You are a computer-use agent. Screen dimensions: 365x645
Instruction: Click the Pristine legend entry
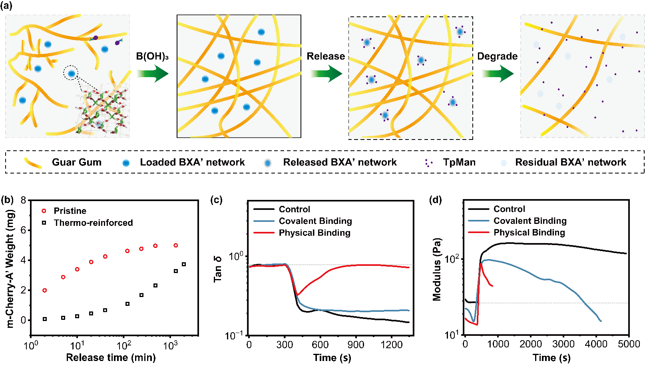(70, 211)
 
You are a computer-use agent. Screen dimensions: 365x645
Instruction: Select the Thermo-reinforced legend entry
(93, 223)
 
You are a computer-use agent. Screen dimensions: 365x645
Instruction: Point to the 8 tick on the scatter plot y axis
(24, 200)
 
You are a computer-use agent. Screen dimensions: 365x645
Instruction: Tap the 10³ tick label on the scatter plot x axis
(171, 345)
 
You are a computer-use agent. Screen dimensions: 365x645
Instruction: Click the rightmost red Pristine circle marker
(176, 245)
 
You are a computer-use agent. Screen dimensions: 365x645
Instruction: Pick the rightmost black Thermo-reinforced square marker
(184, 264)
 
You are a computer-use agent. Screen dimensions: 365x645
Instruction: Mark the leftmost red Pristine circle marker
(45, 290)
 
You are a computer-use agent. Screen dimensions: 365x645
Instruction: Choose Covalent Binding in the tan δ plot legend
(315, 221)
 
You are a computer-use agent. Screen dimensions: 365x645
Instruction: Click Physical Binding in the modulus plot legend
(529, 233)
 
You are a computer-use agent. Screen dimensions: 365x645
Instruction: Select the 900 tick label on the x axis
(356, 345)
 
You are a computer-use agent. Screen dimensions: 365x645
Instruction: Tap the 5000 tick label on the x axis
(629, 344)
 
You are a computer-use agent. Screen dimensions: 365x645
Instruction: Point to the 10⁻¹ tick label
(234, 335)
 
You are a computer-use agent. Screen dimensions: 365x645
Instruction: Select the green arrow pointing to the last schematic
(497, 74)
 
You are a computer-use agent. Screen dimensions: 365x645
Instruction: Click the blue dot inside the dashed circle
(71, 73)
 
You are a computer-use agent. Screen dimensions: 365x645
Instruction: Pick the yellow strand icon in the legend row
(33, 163)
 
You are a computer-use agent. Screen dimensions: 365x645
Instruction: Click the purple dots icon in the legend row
(428, 163)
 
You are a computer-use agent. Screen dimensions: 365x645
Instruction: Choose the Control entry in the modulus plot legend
(509, 209)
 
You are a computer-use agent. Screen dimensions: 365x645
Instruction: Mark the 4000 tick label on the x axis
(596, 344)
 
